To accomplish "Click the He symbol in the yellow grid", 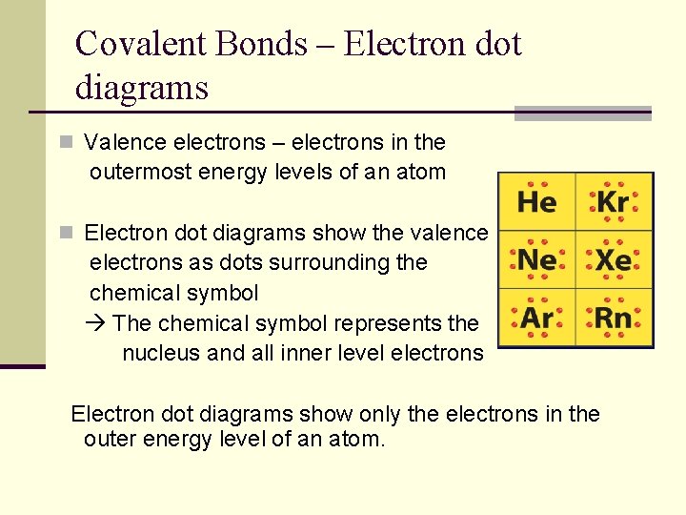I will pyautogui.click(x=536, y=202).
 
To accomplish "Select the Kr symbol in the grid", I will pyautogui.click(x=613, y=202).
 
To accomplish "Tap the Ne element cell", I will pyautogui.click(x=537, y=260).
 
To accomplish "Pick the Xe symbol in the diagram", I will pyautogui.click(x=614, y=260).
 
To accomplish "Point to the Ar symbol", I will pyautogui.click(x=537, y=318).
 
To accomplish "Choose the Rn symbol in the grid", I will pyautogui.click(x=614, y=318).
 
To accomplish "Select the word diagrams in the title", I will pyautogui.click(x=141, y=88).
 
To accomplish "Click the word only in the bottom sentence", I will pyautogui.click(x=377, y=414).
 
